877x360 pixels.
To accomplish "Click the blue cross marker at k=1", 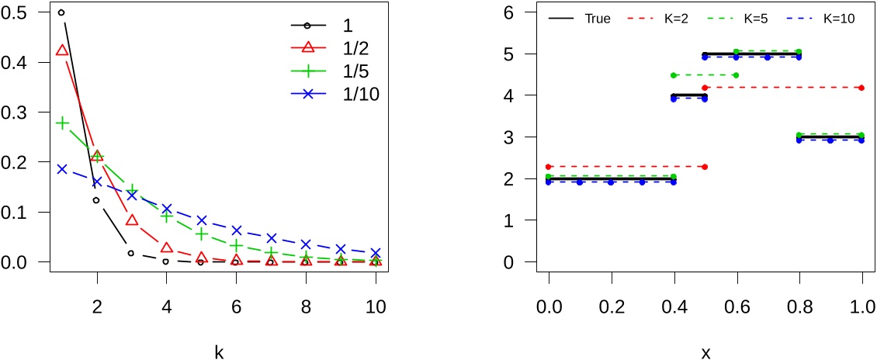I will pyautogui.click(x=61, y=168).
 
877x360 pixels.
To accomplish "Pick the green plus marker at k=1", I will pyautogui.click(x=61, y=123).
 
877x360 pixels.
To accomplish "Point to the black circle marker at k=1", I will pyautogui.click(x=61, y=12).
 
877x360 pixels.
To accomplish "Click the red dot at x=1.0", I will pyautogui.click(x=861, y=88).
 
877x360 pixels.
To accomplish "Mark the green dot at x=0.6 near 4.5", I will pyautogui.click(x=736, y=75).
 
